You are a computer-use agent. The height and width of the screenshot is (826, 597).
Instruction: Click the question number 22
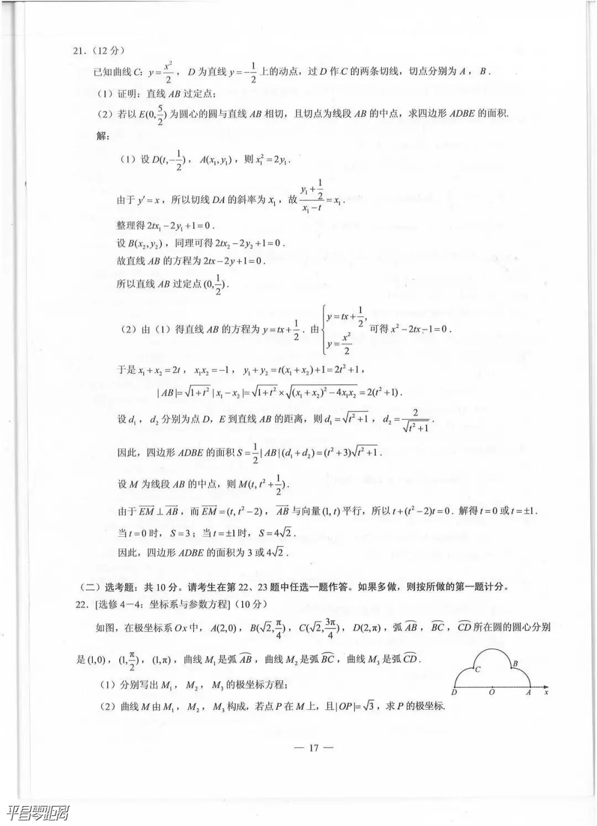click(x=81, y=604)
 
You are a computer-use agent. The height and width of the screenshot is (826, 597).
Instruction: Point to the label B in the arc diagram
click(x=515, y=663)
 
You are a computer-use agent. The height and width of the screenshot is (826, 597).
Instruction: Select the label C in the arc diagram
click(x=477, y=669)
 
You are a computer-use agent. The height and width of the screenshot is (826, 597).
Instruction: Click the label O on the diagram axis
click(x=492, y=692)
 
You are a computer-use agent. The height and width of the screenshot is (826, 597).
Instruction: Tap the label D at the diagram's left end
click(x=454, y=692)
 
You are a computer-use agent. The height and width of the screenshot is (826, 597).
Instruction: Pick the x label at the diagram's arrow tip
click(x=546, y=691)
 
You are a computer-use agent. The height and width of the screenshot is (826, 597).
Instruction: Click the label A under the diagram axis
click(x=528, y=692)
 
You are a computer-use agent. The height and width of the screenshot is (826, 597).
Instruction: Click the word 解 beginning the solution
click(x=103, y=136)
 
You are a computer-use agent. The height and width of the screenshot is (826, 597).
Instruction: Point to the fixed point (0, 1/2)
click(x=216, y=284)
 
